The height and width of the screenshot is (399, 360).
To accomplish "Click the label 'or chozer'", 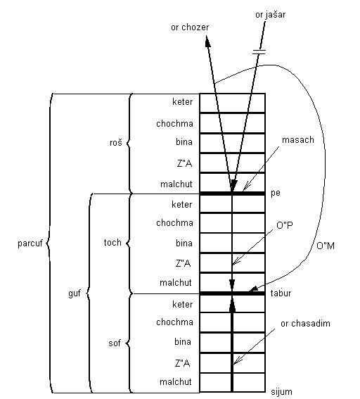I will [x=190, y=27].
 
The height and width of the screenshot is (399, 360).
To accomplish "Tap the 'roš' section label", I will [x=116, y=142].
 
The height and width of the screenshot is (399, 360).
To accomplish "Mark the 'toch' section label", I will [x=112, y=243].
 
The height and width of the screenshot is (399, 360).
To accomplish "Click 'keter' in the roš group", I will [x=182, y=102].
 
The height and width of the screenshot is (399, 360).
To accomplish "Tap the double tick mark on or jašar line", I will [x=258, y=51].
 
